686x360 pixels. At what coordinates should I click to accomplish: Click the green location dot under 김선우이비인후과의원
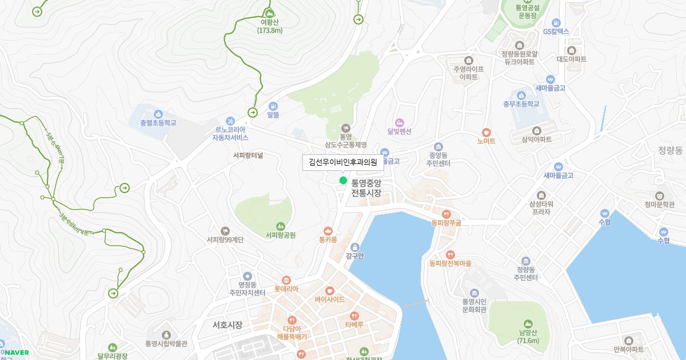343,181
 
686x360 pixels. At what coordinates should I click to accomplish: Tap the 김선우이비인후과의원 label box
343,162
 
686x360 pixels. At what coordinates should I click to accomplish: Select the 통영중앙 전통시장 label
366,189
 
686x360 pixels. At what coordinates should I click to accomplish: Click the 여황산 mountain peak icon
269,13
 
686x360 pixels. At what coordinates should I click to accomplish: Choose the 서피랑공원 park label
280,235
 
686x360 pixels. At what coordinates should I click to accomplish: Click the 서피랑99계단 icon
225,230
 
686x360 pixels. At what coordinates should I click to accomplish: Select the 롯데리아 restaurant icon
286,280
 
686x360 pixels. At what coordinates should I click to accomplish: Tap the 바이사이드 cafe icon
329,290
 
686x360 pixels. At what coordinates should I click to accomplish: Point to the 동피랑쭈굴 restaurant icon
446,214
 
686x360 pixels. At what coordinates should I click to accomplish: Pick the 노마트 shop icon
486,132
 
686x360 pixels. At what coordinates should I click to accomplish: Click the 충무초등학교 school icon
521,95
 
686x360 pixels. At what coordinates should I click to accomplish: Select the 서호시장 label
227,325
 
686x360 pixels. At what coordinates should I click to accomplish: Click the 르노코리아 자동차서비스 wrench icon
230,121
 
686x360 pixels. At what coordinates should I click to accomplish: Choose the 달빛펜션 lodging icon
399,122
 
